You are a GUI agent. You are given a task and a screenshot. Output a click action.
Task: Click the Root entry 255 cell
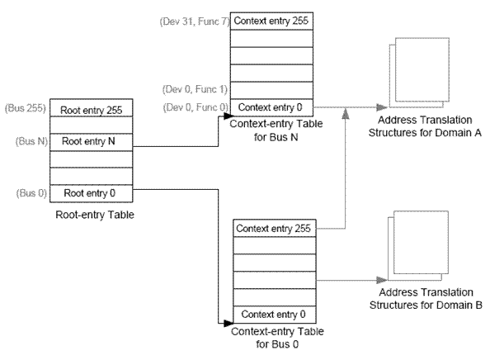coord(92,108)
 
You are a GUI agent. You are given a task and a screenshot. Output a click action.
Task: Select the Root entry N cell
coord(92,142)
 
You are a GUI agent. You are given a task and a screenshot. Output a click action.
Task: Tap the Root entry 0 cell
coord(92,193)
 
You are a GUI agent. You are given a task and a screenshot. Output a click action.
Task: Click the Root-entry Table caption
coord(95,215)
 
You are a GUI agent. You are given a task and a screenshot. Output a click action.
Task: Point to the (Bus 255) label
coord(26,108)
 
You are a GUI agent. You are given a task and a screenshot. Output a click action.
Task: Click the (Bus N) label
coord(31,141)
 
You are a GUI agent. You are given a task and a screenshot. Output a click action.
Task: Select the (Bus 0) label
coord(31,193)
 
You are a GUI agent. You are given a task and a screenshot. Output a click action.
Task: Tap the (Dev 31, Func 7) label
coord(195,21)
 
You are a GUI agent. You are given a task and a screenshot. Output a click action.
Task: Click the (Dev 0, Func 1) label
coord(195,89)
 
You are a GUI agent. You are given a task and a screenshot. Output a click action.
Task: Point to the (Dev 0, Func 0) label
coord(196,107)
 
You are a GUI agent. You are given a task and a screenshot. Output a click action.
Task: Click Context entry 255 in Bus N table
coord(271,21)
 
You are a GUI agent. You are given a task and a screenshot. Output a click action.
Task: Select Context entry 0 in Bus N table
coord(271,107)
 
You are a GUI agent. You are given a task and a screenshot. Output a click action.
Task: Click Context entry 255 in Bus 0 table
coord(275,229)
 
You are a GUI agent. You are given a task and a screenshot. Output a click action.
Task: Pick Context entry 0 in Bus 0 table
coord(275,315)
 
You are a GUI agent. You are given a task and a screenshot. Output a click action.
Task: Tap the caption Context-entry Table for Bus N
coord(276,130)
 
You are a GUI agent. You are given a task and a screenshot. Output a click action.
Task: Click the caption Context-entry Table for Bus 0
coord(277,338)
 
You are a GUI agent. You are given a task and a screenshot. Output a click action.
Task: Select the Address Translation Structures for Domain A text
coord(425,126)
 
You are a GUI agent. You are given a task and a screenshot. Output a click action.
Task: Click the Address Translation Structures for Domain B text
coord(426,299)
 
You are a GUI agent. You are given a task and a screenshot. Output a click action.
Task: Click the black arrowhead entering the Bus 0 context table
coord(229,323)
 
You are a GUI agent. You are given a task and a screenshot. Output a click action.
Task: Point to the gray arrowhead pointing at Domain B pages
coord(382,280)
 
